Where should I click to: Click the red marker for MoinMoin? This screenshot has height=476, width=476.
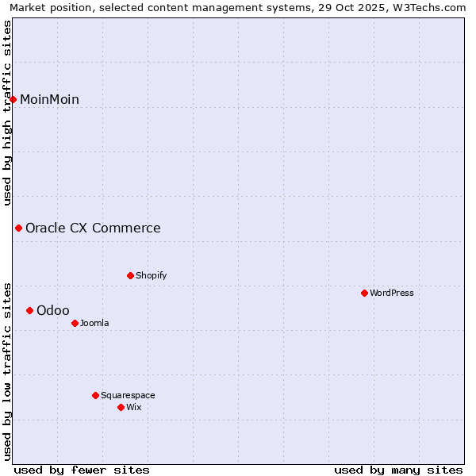point(13,99)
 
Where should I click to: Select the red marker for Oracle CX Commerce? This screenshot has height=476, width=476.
point(18,228)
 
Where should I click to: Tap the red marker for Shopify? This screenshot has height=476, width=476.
point(130,275)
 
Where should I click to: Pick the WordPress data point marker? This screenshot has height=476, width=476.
point(364,293)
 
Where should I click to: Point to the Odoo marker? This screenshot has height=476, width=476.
point(29,310)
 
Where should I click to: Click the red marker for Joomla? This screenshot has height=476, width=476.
point(75,323)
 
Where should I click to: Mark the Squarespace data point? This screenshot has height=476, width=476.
point(95,395)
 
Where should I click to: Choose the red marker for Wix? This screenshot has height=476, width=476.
point(121,407)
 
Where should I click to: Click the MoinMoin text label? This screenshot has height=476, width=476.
point(49,99)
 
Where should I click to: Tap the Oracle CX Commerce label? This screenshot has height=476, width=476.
point(93,228)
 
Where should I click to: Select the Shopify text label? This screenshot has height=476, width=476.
point(151,275)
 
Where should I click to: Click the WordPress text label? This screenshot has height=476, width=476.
point(391,293)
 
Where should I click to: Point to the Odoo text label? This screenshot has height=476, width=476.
point(53,310)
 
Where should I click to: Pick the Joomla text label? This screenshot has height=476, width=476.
point(94,323)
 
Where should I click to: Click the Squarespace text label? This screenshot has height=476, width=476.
point(128,395)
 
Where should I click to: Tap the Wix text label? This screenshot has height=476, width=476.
point(133,407)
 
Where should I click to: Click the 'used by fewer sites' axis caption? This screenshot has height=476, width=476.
point(82,470)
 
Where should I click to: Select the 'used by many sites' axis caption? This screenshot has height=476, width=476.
point(398,470)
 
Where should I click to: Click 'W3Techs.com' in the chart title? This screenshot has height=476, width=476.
point(433,7)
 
